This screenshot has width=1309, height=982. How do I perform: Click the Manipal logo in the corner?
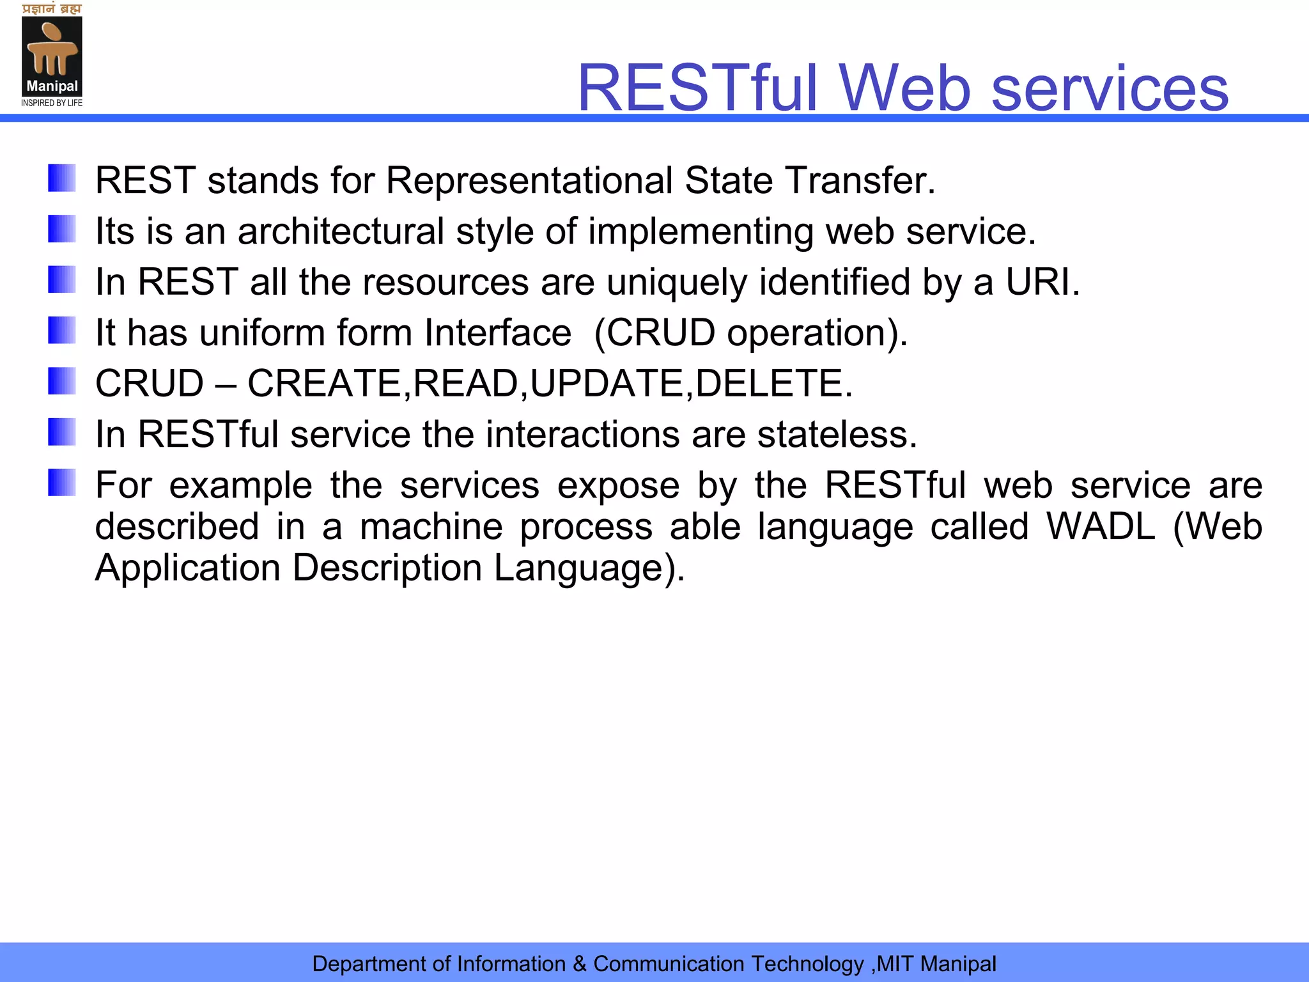tap(52, 56)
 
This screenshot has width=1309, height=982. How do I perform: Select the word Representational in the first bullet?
tap(529, 180)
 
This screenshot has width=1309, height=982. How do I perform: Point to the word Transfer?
tap(860, 180)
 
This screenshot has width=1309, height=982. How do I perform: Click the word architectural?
tap(341, 231)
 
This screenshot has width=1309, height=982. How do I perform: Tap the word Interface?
tap(498, 332)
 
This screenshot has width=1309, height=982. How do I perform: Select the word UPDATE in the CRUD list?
tap(607, 384)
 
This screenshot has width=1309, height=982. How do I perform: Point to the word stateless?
tap(837, 435)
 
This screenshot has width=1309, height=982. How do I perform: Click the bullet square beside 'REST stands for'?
tap(62, 178)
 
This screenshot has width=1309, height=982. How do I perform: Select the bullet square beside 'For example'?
tap(62, 483)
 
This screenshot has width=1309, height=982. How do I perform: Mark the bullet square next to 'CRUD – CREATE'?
tap(62, 381)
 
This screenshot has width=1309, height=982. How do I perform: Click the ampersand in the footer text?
tap(580, 963)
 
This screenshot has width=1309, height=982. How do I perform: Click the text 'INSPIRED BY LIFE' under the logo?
tap(52, 103)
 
